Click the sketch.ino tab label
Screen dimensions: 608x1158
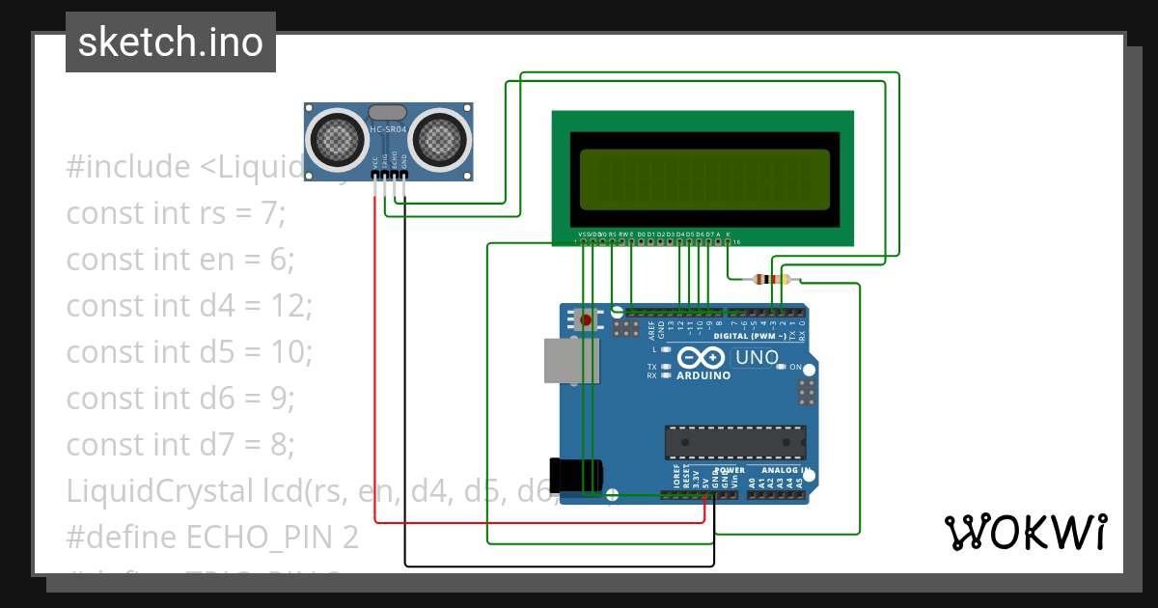coord(171,42)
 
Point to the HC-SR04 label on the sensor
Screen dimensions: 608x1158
coord(389,129)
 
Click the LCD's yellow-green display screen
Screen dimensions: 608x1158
coord(703,180)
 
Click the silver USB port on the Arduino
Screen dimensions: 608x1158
coord(570,361)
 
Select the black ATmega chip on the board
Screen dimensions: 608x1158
coord(733,441)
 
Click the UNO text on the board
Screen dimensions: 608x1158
coord(758,358)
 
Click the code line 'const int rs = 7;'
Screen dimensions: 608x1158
coord(176,212)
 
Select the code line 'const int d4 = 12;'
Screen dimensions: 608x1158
coord(189,305)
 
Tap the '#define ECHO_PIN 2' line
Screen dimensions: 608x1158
coord(212,537)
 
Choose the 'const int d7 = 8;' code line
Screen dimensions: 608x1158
coord(180,444)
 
